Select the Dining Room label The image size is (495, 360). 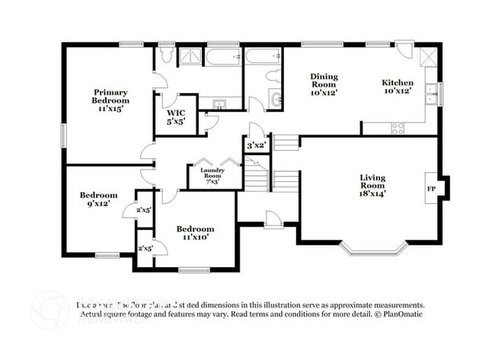tap(324, 84)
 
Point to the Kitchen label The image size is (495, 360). tap(398, 87)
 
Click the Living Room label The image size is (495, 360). tap(372, 185)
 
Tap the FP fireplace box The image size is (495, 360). tap(431, 188)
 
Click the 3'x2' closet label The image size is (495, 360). tap(254, 145)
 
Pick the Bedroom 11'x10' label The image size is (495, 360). tap(195, 233)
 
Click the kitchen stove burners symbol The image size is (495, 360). tap(398, 128)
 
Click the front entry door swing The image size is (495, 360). tap(273, 219)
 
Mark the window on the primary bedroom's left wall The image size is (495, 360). tap(62, 132)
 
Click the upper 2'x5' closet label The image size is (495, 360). tap(144, 209)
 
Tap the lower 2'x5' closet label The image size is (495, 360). tap(144, 248)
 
